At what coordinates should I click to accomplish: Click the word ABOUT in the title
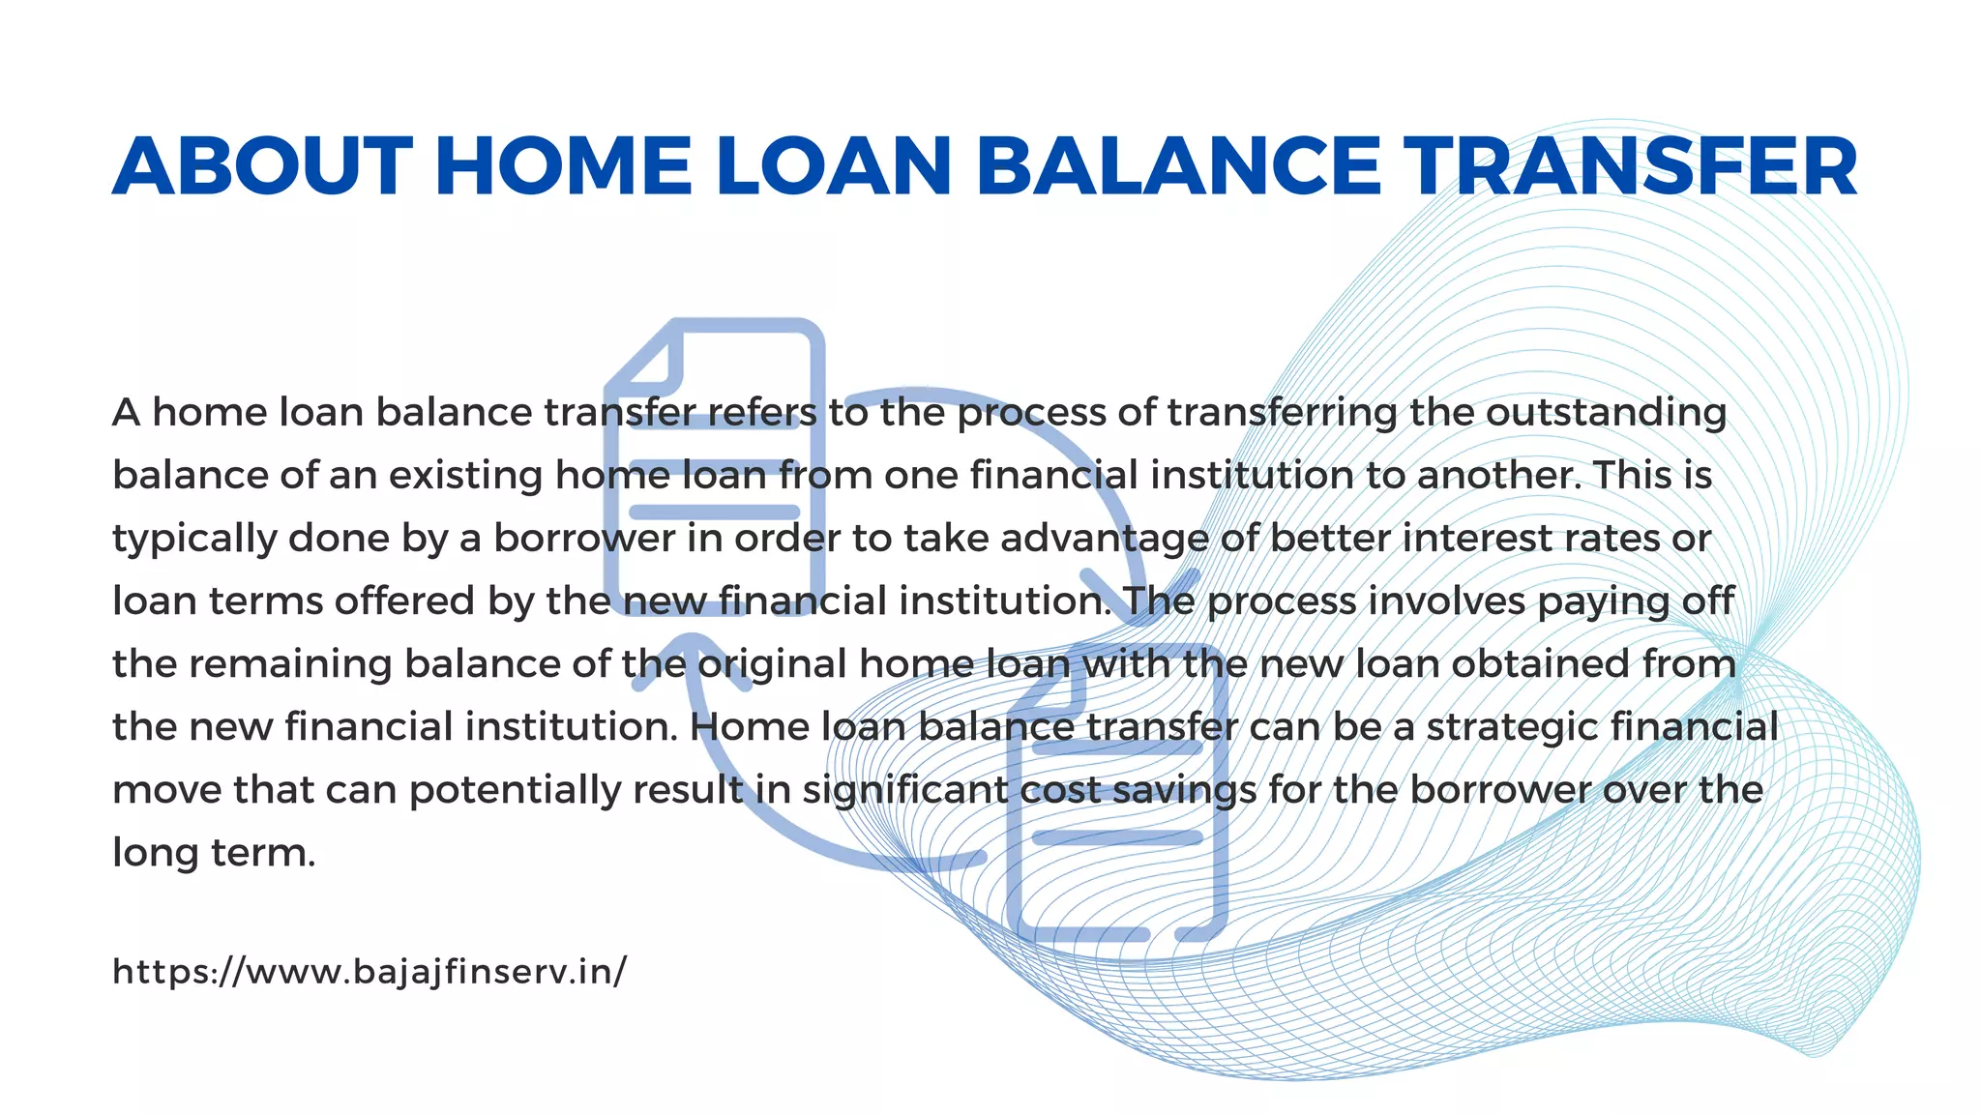click(x=262, y=166)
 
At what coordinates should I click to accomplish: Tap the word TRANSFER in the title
click(x=1630, y=166)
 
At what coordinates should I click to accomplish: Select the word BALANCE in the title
click(x=1179, y=166)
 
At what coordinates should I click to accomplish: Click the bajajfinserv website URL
click(x=370, y=971)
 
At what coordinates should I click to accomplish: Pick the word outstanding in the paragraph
click(x=1606, y=413)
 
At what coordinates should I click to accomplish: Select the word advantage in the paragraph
click(x=1104, y=539)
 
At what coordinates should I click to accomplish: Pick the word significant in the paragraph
click(x=904, y=790)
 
